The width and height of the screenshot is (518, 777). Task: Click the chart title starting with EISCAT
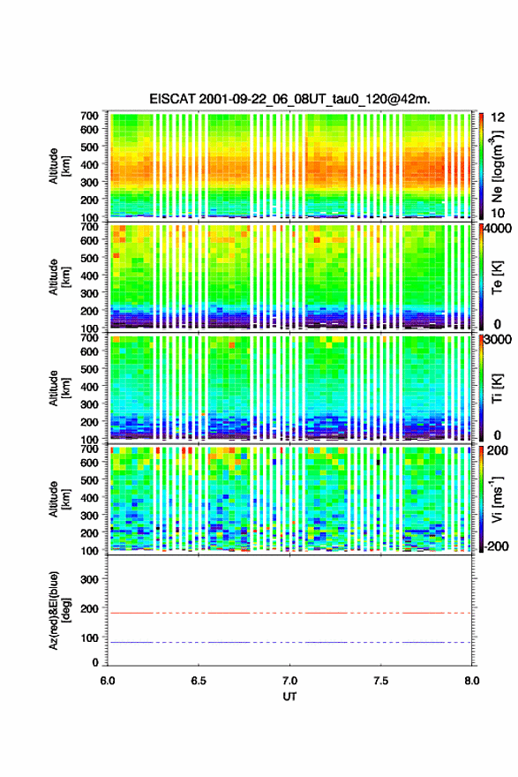(289, 99)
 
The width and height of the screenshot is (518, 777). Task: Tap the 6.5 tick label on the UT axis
(199, 681)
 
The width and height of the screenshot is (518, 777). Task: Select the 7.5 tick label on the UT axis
(381, 681)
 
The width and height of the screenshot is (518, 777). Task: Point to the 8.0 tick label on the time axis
(472, 681)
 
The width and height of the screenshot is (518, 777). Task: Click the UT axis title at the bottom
(289, 697)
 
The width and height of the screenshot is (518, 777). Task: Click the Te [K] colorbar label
(497, 277)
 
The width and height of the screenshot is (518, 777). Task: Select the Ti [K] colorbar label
(497, 388)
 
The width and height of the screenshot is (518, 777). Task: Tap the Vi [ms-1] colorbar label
(497, 499)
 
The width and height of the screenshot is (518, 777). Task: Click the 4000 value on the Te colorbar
(499, 229)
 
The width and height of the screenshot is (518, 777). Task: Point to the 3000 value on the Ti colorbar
(499, 340)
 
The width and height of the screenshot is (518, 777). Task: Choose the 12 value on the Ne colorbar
(499, 117)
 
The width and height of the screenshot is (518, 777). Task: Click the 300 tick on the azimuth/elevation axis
(90, 579)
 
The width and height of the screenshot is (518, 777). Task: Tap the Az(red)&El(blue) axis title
(59, 611)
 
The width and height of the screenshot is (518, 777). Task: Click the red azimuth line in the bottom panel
(289, 613)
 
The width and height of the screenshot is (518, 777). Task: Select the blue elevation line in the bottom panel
(289, 642)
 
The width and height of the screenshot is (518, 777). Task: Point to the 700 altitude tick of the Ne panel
(90, 116)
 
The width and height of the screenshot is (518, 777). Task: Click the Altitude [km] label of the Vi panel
(59, 499)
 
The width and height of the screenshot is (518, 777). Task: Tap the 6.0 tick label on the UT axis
(108, 681)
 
